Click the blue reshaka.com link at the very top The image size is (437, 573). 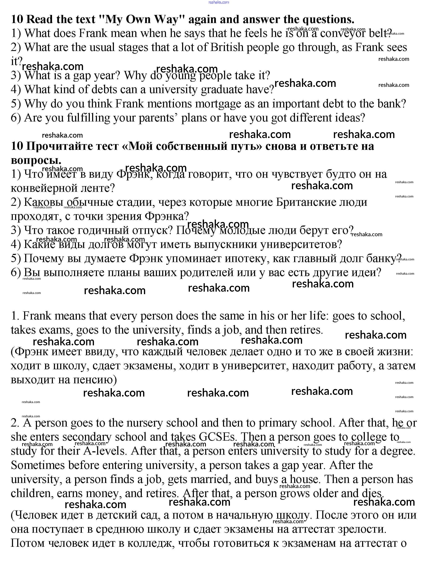[x=219, y=2]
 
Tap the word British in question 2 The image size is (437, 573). [x=227, y=47]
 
